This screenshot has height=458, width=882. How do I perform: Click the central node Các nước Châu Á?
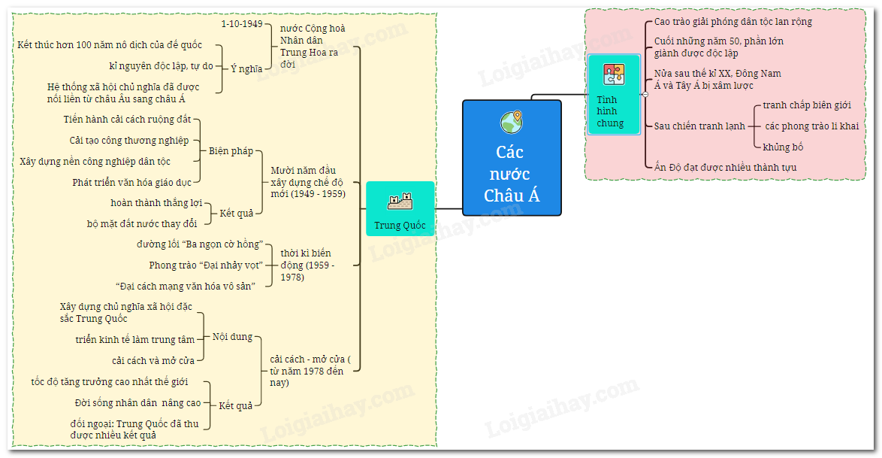512,158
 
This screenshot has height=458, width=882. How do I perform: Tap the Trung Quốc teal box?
400,209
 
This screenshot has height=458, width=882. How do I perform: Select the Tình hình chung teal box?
614,95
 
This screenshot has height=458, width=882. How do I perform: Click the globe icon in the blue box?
512,122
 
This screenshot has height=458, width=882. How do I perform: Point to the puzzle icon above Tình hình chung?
613,74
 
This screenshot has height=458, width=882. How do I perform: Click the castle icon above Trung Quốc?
399,201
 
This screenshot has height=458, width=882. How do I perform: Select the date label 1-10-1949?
242,24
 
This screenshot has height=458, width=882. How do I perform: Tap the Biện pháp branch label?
231,151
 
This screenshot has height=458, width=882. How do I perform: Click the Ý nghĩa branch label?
246,68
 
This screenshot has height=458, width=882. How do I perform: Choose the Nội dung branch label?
232,337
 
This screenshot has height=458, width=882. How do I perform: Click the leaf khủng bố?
783,147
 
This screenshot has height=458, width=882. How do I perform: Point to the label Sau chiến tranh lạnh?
699,126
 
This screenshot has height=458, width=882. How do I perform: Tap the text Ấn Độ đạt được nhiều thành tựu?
725,167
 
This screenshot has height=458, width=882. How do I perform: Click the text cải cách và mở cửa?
153,360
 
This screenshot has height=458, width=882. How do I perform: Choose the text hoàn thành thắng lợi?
156,203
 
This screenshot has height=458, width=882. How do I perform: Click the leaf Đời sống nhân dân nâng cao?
137,402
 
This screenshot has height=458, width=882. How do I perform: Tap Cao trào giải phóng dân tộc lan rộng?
732,22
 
